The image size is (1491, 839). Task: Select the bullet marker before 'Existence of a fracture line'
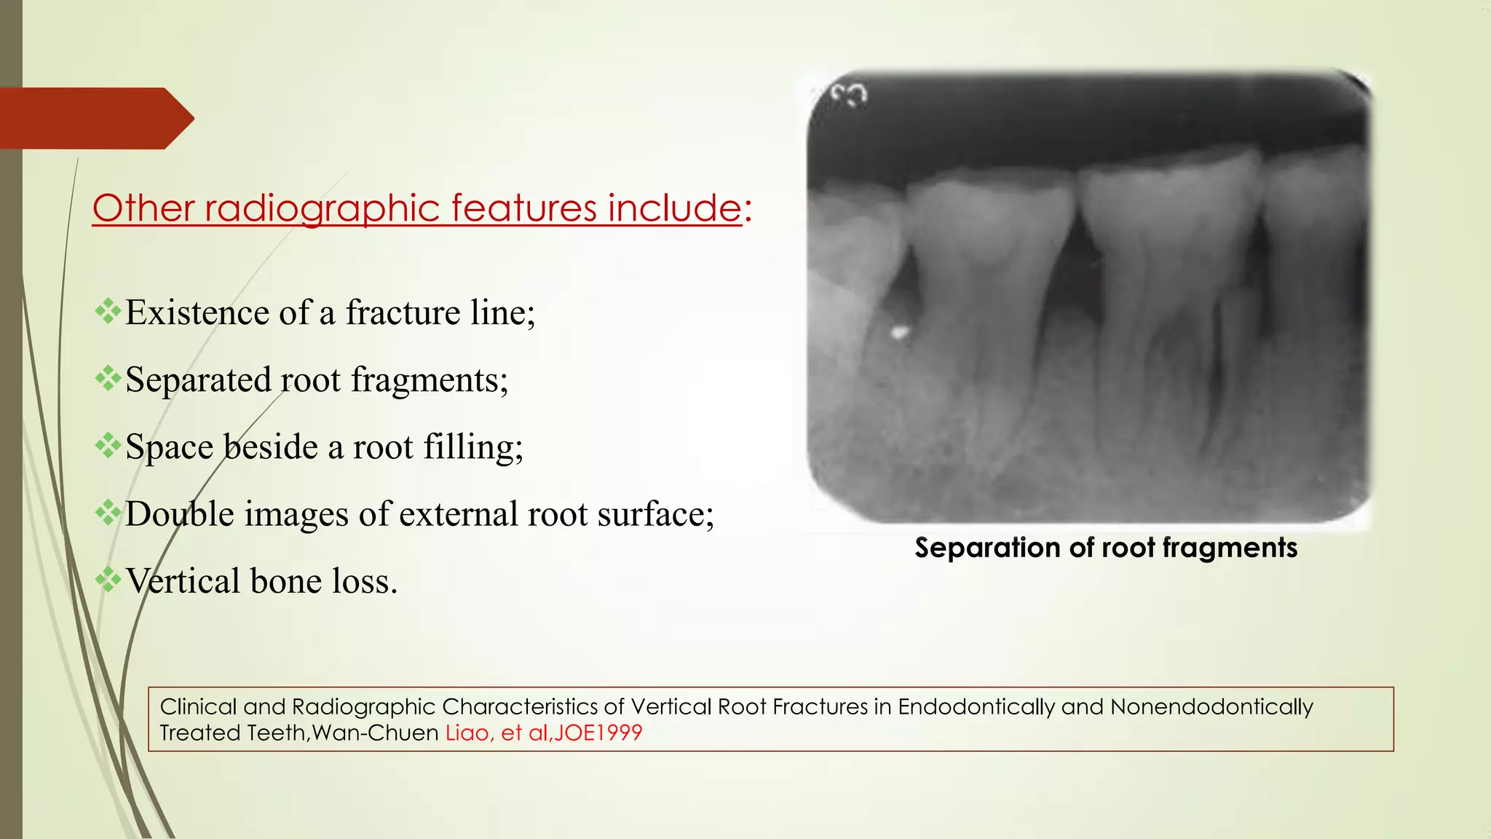coord(108,311)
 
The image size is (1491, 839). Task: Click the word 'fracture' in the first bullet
coord(403,312)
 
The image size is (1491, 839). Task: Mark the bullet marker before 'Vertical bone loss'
coord(108,580)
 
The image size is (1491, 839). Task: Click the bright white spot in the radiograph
coord(900,333)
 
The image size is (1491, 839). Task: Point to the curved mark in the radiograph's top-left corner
coord(850,95)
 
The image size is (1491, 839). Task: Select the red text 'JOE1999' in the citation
coord(598,733)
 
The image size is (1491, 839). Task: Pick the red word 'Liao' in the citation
coord(466,733)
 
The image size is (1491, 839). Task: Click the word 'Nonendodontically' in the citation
coord(1211,707)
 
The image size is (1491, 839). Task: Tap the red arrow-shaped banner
coord(95,118)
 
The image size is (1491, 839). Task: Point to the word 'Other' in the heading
coord(143,208)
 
